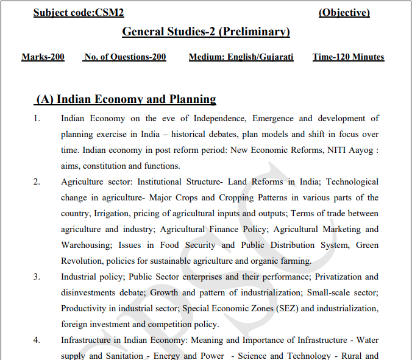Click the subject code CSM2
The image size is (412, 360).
point(79,13)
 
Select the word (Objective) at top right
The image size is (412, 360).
point(344,13)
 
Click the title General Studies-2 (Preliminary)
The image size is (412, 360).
point(206,32)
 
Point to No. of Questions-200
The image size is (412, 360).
point(125,57)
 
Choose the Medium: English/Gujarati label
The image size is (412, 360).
point(241,57)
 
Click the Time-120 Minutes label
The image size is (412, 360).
point(348,57)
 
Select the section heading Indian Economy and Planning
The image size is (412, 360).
point(126,99)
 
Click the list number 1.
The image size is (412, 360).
point(37,119)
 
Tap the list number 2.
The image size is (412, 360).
point(37,182)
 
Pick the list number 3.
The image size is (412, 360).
point(37,277)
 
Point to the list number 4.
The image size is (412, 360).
point(37,341)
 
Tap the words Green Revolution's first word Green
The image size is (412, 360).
point(366,245)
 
